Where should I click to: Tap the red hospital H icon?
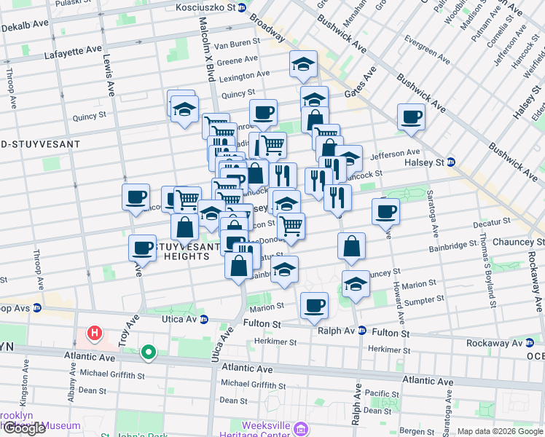[x=93, y=334]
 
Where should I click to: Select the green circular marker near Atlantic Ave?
[x=149, y=353]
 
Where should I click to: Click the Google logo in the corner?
[x=24, y=428]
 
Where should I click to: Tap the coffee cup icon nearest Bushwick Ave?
[x=411, y=117]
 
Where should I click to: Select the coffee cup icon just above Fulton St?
[x=314, y=304]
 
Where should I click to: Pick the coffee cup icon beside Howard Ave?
[x=385, y=211]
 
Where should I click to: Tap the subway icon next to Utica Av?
[x=204, y=319]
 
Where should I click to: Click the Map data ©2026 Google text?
[x=499, y=431]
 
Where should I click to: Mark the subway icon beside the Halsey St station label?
[x=451, y=162]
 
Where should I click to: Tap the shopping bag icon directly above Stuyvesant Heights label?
[x=185, y=226]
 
